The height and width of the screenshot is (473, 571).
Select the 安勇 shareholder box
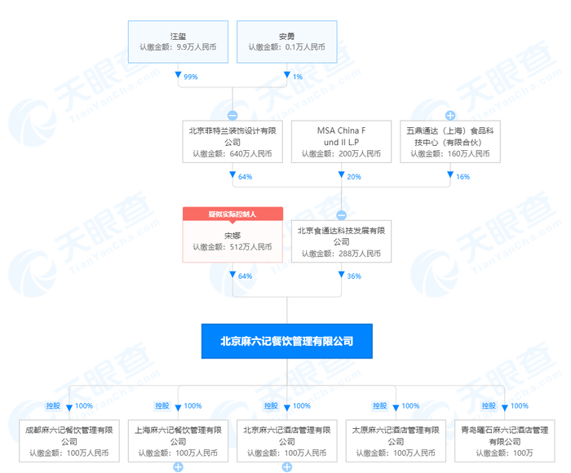pyautogui.click(x=286, y=41)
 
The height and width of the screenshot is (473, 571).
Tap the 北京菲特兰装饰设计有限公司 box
pyautogui.click(x=232, y=141)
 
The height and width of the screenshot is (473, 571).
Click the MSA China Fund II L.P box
pyautogui.click(x=341, y=141)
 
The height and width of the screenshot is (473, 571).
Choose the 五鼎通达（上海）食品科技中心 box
pyautogui.click(x=449, y=141)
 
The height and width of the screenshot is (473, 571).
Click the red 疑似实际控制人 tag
pyautogui.click(x=232, y=214)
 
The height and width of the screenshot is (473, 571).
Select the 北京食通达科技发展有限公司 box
pyautogui.click(x=341, y=241)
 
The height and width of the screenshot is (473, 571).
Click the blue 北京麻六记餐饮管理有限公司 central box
pyautogui.click(x=286, y=341)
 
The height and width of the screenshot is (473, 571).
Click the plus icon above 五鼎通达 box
pyautogui.click(x=449, y=115)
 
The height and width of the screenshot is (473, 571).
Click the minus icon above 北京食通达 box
pyautogui.click(x=341, y=215)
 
